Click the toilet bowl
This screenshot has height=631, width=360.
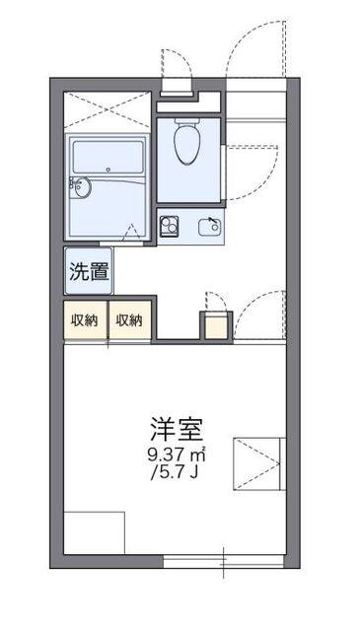pyautogui.click(x=185, y=144)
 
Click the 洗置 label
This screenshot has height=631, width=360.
pyautogui.click(x=87, y=272)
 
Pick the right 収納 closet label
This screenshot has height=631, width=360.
pyautogui.click(x=129, y=319)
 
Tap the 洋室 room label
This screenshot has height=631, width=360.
pyautogui.click(x=178, y=430)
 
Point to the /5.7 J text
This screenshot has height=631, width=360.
pyautogui.click(x=178, y=471)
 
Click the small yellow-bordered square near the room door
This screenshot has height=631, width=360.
pyautogui.click(x=213, y=324)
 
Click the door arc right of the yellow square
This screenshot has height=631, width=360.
pyautogui.click(x=258, y=314)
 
